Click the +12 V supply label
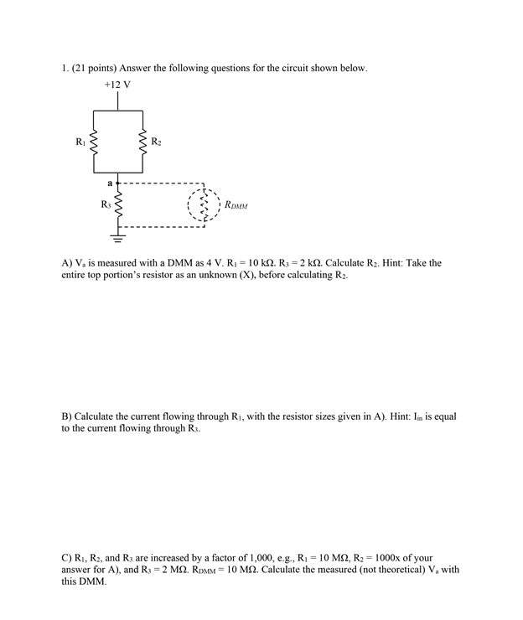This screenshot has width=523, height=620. point(117,85)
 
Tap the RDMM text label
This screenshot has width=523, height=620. point(236,205)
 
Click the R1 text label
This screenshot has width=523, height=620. point(80,142)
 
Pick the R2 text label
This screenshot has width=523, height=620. point(157,142)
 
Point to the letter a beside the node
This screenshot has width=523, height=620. point(109,181)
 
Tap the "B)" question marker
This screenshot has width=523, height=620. point(67,416)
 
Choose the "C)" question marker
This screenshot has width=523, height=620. point(67,557)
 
